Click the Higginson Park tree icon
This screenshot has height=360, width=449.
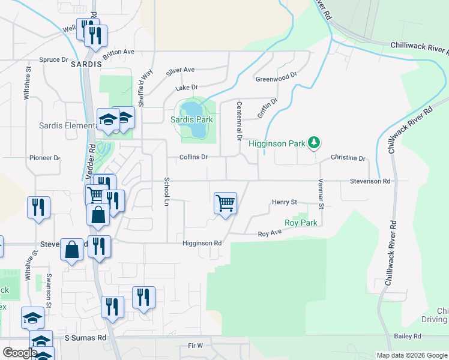(x=313, y=143)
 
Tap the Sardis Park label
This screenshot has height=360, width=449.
(x=191, y=119)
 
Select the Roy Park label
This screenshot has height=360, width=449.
(x=301, y=223)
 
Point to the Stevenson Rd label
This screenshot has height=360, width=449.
(x=370, y=181)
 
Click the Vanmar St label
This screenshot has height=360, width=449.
(x=321, y=197)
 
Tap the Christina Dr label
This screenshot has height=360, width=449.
(x=348, y=158)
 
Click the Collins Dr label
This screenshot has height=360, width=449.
(x=193, y=157)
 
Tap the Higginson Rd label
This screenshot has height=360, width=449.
(x=202, y=243)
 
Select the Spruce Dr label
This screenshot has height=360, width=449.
(x=53, y=60)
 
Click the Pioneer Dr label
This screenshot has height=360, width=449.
(x=45, y=158)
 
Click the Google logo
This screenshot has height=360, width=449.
(x=20, y=353)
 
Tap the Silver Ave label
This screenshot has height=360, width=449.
(x=181, y=71)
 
